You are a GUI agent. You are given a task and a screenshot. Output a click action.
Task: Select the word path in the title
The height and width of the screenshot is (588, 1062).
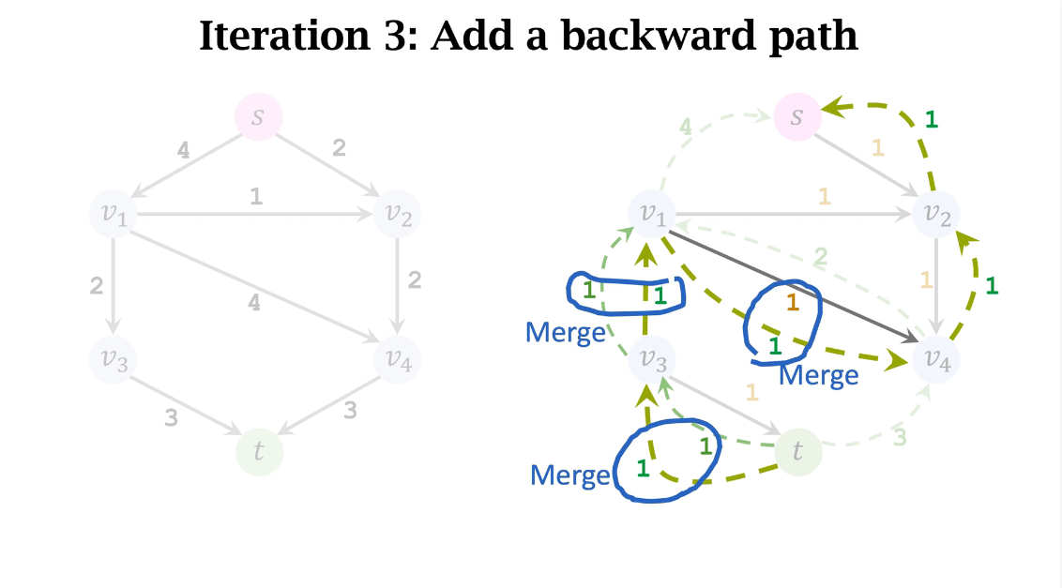click(x=812, y=36)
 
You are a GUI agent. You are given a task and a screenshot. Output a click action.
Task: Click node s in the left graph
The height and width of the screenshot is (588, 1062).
click(x=258, y=117)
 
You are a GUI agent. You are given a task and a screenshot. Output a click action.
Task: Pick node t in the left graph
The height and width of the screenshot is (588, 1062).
click(x=259, y=451)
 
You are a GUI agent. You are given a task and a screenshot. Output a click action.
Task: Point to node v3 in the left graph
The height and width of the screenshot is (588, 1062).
click(x=114, y=358)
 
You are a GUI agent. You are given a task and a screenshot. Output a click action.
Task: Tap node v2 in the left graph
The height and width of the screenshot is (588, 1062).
click(x=398, y=214)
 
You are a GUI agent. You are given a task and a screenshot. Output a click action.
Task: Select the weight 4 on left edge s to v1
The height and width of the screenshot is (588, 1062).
click(x=184, y=148)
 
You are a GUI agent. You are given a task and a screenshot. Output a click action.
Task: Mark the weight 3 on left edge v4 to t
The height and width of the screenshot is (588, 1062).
click(x=350, y=410)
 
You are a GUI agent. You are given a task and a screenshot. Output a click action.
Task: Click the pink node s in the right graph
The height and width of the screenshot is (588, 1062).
click(x=797, y=117)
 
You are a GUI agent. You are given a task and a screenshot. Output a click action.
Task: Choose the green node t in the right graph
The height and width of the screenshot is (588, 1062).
click(x=797, y=451)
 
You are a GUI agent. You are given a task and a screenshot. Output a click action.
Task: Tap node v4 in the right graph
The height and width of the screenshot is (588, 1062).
click(x=935, y=358)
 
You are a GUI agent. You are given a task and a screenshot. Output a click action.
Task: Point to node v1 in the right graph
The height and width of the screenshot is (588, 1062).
click(x=654, y=214)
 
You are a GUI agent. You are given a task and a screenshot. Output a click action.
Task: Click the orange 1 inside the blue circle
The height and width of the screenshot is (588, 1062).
click(x=792, y=302)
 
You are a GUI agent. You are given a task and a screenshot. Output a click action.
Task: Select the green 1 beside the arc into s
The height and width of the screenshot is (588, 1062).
click(x=931, y=119)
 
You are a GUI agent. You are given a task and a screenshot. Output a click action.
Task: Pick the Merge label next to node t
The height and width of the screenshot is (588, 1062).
click(x=569, y=475)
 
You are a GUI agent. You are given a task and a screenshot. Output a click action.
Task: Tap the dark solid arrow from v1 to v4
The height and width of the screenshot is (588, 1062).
click(x=797, y=287)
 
